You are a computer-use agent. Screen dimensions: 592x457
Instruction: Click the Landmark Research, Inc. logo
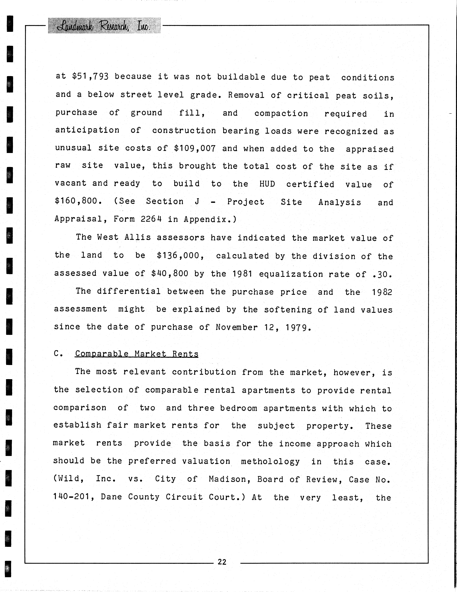(104, 26)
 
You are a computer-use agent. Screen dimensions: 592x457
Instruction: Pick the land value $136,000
(180, 256)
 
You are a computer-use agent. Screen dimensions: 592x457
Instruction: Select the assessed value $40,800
(170, 273)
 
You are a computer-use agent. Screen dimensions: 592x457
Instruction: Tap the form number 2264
(151, 219)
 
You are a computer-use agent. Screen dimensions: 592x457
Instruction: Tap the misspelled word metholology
(270, 461)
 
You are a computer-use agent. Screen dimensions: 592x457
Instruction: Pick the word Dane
(111, 497)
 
